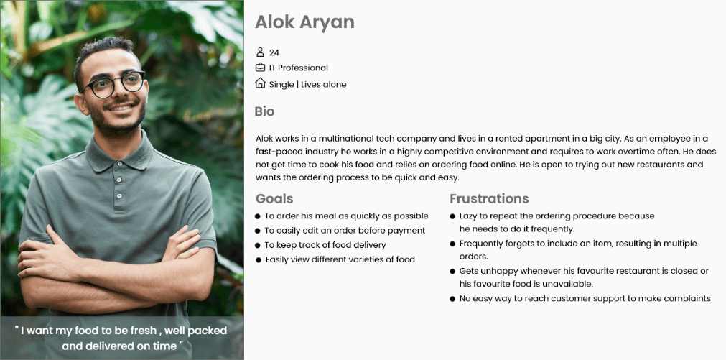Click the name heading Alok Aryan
304,22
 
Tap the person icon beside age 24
260,52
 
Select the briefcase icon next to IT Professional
260,68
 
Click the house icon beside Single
260,83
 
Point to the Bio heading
264,111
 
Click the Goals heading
274,199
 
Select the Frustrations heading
489,199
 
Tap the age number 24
274,53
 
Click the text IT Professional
299,68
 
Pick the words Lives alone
324,84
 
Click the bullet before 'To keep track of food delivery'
258,245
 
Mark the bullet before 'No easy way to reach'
452,299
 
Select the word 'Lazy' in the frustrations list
468,216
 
